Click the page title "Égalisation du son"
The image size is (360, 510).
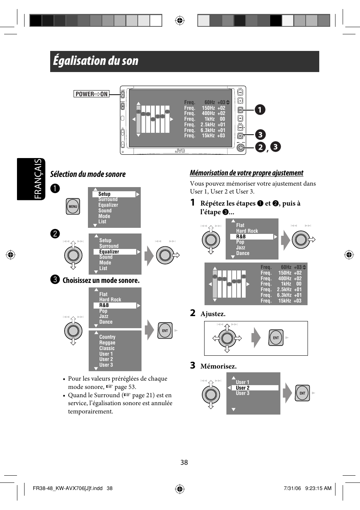pos(96,61)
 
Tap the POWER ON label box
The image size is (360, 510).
pos(91,94)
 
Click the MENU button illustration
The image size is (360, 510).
pos(73,206)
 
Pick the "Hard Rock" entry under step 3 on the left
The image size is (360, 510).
pos(110,300)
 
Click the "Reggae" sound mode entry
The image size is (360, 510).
pos(107,343)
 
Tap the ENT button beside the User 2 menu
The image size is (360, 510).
pos(302,393)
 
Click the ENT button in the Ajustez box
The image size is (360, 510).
pos(276,338)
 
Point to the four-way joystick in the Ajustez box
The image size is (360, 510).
pos(227,338)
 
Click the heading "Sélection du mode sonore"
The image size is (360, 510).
pos(88,174)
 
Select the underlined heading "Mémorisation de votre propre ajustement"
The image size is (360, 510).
pos(246,173)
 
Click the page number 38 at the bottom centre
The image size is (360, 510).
pos(184,462)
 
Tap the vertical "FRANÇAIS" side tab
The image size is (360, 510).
pos(31,179)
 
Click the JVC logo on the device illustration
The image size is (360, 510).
pos(180,151)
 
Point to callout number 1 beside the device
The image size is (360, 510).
pos(260,110)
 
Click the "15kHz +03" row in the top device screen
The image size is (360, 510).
pos(213,136)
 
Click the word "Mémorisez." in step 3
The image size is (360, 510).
pos(218,366)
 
